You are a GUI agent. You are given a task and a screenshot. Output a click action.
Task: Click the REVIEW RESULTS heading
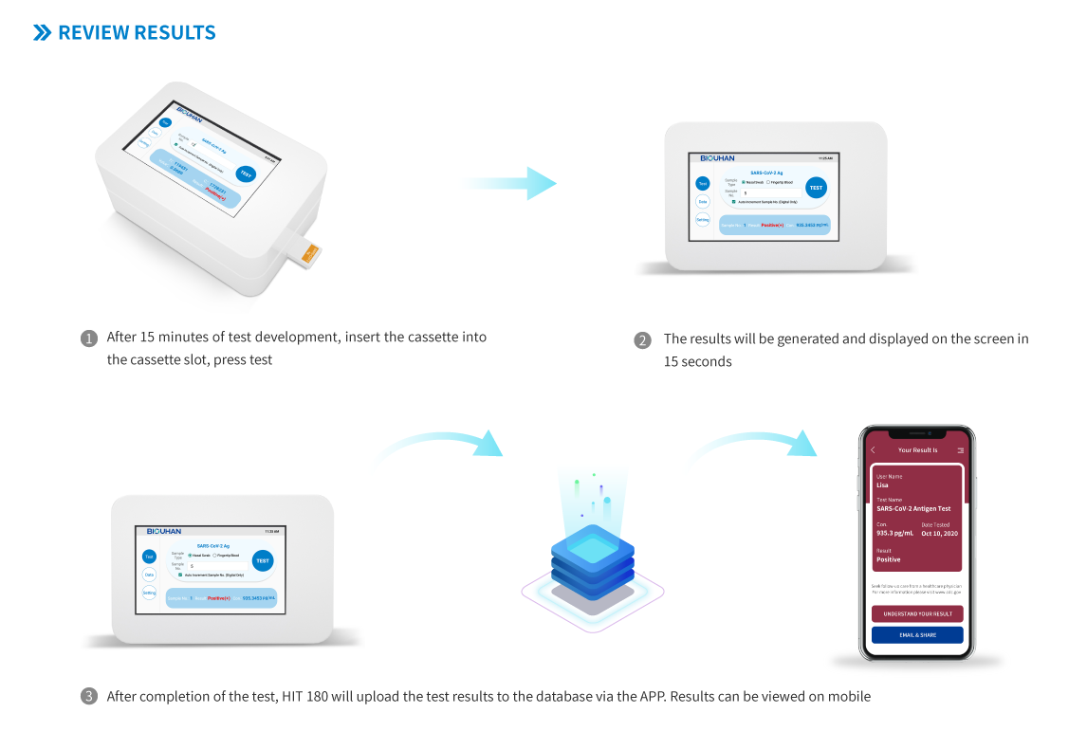click(x=137, y=32)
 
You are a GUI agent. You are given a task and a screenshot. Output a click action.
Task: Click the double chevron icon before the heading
click(x=42, y=32)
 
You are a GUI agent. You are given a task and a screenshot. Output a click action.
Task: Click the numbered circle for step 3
click(x=89, y=697)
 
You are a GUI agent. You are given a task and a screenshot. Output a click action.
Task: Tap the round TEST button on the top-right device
click(x=816, y=188)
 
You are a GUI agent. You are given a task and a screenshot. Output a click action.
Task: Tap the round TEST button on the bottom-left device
click(x=263, y=561)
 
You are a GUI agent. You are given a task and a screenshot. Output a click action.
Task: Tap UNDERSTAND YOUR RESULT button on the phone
click(x=917, y=613)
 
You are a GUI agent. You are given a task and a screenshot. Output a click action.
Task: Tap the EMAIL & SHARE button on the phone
click(x=917, y=635)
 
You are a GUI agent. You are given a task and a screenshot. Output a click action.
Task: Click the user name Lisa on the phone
click(x=882, y=485)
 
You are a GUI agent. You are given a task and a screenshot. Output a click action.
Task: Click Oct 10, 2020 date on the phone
click(x=939, y=534)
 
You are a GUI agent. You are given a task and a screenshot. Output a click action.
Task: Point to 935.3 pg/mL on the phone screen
click(x=894, y=534)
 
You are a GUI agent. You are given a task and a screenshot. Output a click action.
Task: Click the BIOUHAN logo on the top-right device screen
click(x=718, y=158)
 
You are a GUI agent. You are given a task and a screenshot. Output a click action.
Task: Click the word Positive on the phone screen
click(x=889, y=559)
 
